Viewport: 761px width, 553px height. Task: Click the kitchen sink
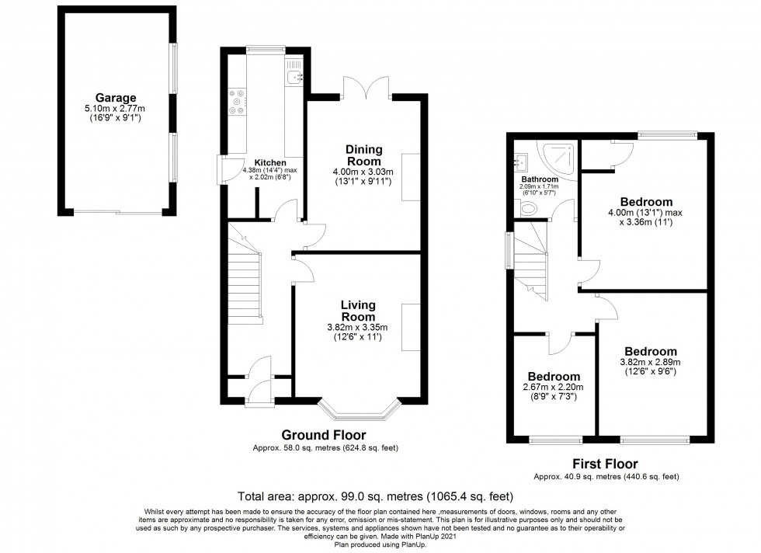tap(294, 76)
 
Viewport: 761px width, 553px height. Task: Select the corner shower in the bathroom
tap(562, 156)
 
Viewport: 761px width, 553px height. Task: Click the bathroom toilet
tap(530, 208)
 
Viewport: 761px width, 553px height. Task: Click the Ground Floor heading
tap(323, 435)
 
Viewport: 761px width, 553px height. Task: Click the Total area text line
tap(374, 495)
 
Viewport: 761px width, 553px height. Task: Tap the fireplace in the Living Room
tap(408, 327)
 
